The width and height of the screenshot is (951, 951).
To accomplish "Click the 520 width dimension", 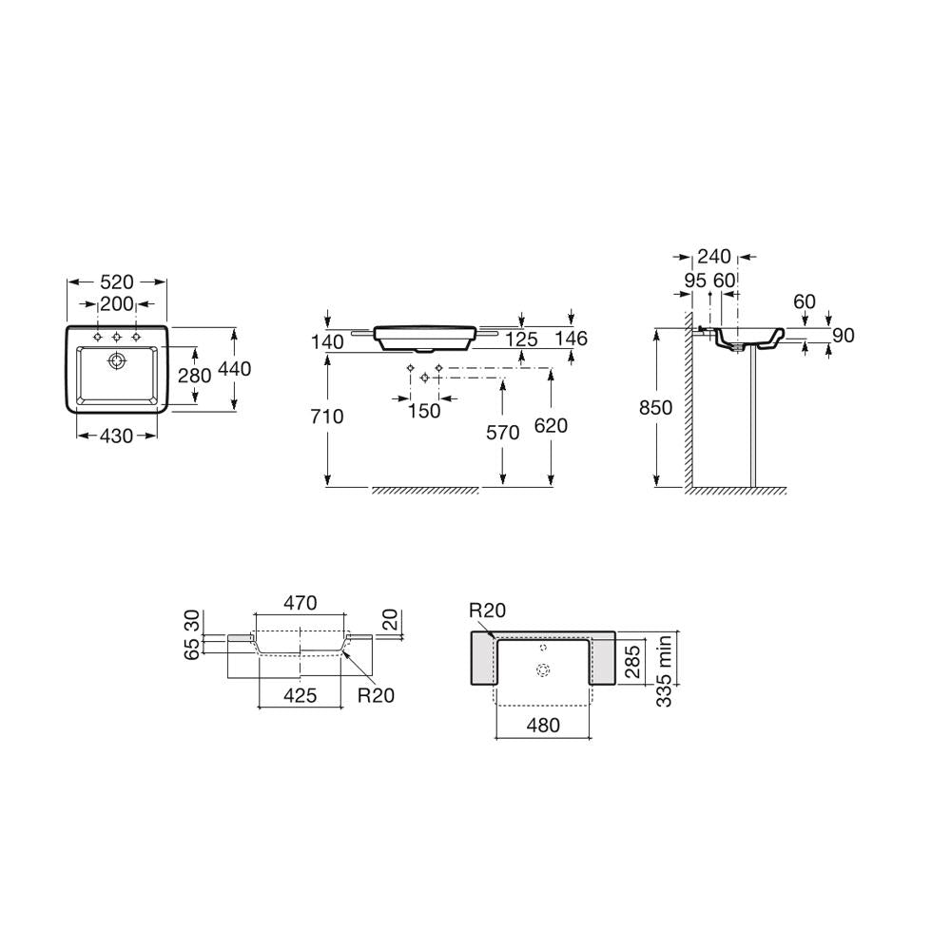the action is [x=116, y=282].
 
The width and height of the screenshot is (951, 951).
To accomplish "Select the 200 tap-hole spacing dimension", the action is [x=116, y=304].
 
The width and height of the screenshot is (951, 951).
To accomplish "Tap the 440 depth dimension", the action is [x=234, y=369].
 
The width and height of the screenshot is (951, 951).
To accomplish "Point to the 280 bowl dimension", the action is [x=195, y=376].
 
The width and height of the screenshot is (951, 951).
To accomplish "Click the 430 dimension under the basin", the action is [x=116, y=436].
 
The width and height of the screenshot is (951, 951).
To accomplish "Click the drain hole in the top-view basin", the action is [x=116, y=361].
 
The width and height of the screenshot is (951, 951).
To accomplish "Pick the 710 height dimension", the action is [x=327, y=417].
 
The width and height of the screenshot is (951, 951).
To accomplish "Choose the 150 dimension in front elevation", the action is [x=424, y=411].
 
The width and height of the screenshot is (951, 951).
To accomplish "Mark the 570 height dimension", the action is [x=503, y=433].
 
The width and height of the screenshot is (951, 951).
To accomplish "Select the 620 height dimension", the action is [x=551, y=426].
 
